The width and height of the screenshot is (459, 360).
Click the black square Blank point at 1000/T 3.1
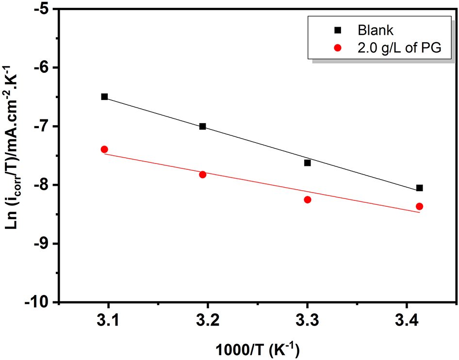pyautogui.click(x=104, y=97)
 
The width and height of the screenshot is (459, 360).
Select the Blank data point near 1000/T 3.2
pyautogui.click(x=203, y=126)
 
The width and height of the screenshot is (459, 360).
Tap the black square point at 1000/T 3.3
pyautogui.click(x=307, y=163)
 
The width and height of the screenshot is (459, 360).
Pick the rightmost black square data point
pyautogui.click(x=419, y=188)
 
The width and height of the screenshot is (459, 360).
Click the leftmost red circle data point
pyautogui.click(x=104, y=149)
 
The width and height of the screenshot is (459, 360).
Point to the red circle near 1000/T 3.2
pyautogui.click(x=203, y=174)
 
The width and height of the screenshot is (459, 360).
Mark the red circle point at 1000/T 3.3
pyautogui.click(x=307, y=199)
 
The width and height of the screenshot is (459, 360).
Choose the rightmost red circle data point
pyautogui.click(x=419, y=206)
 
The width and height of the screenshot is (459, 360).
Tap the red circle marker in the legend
pyautogui.click(x=338, y=48)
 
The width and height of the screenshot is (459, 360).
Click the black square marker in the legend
pyautogui.click(x=338, y=30)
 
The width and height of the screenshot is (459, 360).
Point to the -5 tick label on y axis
pyautogui.click(x=45, y=9)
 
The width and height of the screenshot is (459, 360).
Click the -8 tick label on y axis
pyautogui.click(x=45, y=185)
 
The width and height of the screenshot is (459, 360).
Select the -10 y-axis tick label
pyautogui.click(x=42, y=302)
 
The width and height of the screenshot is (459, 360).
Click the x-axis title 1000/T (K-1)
pyautogui.click(x=258, y=348)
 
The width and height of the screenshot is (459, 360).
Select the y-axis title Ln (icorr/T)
pyautogui.click(x=15, y=155)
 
